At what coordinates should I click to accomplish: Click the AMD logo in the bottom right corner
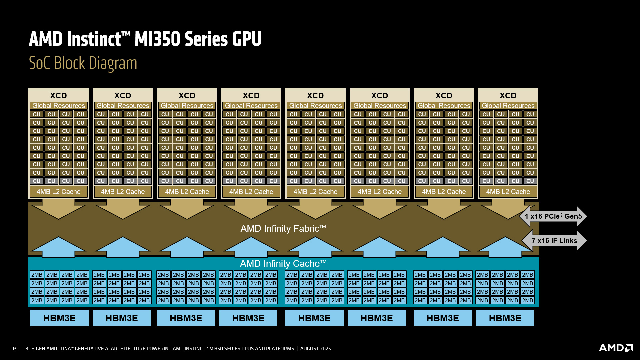click(616, 348)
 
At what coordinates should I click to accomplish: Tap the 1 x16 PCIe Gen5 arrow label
click(553, 216)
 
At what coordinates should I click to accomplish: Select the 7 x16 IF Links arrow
click(554, 241)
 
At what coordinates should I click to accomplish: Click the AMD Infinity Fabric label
click(283, 229)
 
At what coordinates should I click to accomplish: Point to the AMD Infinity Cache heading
click(283, 264)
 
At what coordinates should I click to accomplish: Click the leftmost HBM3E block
click(59, 318)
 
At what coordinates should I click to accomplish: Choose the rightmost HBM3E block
click(505, 318)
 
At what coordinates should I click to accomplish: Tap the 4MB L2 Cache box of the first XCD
click(58, 192)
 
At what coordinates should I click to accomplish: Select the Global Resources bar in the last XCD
click(508, 106)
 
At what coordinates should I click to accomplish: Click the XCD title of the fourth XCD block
click(251, 96)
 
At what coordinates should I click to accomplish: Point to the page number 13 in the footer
click(14, 349)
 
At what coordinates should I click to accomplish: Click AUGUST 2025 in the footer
click(315, 349)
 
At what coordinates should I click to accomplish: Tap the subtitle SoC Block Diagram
click(83, 63)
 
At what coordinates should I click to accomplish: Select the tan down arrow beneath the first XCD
click(58, 210)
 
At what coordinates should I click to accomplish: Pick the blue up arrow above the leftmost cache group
click(58, 247)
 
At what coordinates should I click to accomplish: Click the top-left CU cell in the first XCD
click(37, 114)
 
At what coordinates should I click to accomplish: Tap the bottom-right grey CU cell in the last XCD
click(530, 181)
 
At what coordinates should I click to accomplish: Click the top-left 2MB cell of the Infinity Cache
click(37, 275)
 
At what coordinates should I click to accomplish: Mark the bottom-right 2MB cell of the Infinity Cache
click(527, 300)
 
